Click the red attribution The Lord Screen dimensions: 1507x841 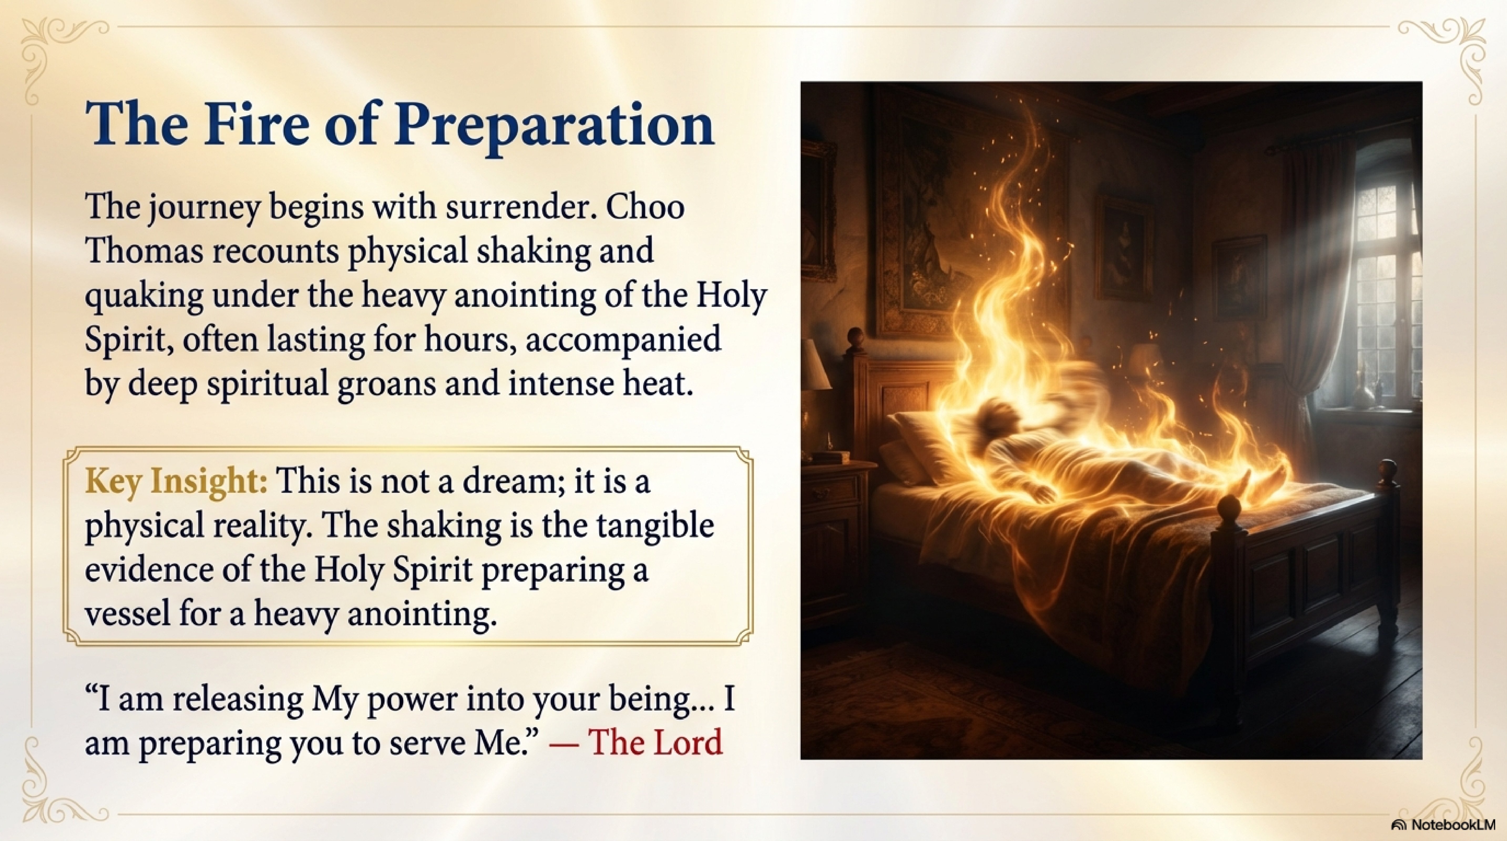(x=655, y=742)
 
